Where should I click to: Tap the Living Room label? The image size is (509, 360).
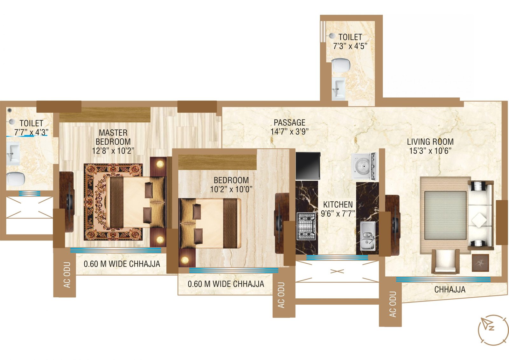click(x=430, y=142)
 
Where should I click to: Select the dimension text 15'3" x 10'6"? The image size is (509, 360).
click(x=430, y=151)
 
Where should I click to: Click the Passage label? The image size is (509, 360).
click(x=289, y=122)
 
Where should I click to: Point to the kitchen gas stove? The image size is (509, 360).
click(x=306, y=226)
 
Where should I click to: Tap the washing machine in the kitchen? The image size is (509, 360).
click(x=364, y=166)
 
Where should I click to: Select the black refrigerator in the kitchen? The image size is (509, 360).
click(x=308, y=165)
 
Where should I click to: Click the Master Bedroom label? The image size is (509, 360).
click(x=113, y=137)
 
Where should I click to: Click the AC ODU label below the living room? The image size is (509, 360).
click(x=393, y=304)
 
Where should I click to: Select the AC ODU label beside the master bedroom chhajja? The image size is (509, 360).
click(x=67, y=275)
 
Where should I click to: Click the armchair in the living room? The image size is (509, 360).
click(x=445, y=261)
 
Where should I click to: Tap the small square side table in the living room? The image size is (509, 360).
click(x=480, y=262)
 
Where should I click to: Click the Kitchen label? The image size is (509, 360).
click(x=338, y=204)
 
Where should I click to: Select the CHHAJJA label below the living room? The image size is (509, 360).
click(x=450, y=290)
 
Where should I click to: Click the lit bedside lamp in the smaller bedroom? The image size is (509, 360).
click(x=185, y=260)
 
